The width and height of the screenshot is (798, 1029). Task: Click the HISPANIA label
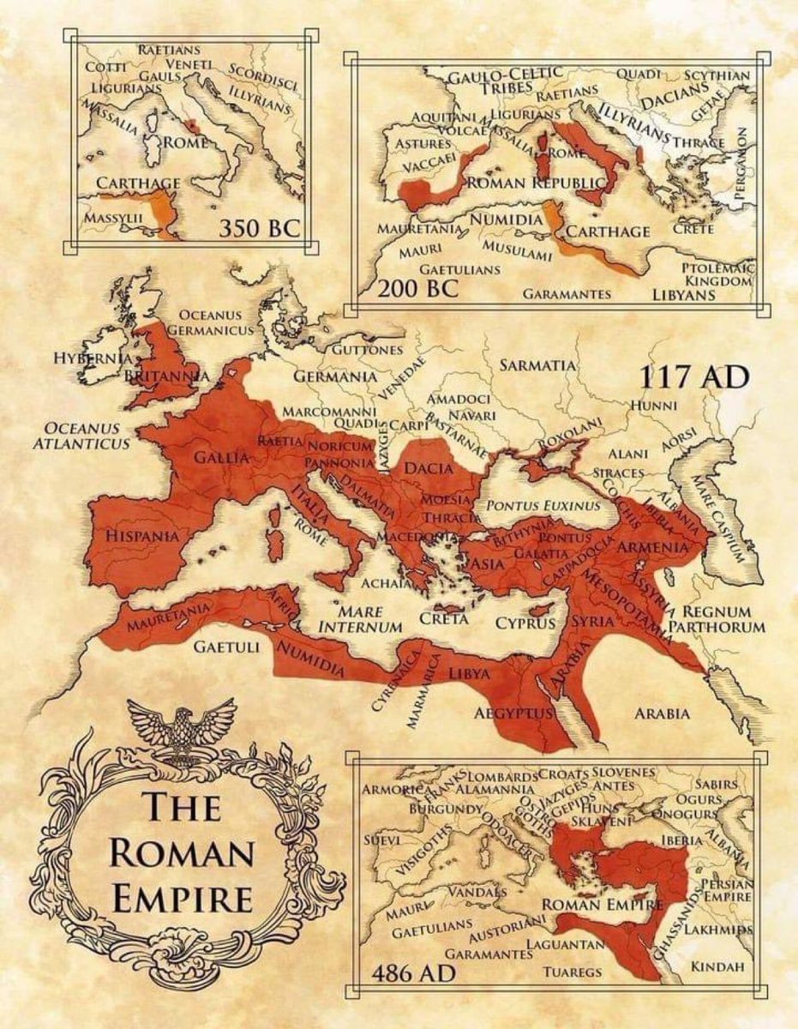pyautogui.click(x=142, y=536)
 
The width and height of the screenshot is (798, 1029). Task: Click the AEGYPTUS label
pyautogui.click(x=511, y=713)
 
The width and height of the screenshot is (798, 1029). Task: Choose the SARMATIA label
pyautogui.click(x=537, y=365)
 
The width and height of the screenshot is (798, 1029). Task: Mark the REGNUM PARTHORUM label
pyautogui.click(x=717, y=620)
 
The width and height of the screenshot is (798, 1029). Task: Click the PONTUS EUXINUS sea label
pyautogui.click(x=543, y=506)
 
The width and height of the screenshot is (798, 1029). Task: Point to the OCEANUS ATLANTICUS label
pyautogui.click(x=81, y=435)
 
